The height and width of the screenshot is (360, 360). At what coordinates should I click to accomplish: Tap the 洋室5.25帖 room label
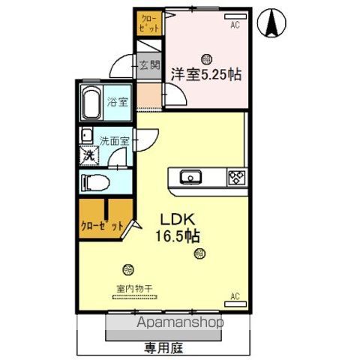pos(205,73)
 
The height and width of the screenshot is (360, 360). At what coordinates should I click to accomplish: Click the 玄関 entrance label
pos(148,64)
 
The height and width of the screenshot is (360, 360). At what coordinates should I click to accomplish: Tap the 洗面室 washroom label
pos(115,139)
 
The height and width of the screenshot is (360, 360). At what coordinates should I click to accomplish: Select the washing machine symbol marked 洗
pos(89,157)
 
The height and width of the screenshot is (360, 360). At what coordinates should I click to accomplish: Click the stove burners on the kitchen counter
pos(237,177)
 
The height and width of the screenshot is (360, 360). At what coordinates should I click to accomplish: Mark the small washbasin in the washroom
pos(87,137)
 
